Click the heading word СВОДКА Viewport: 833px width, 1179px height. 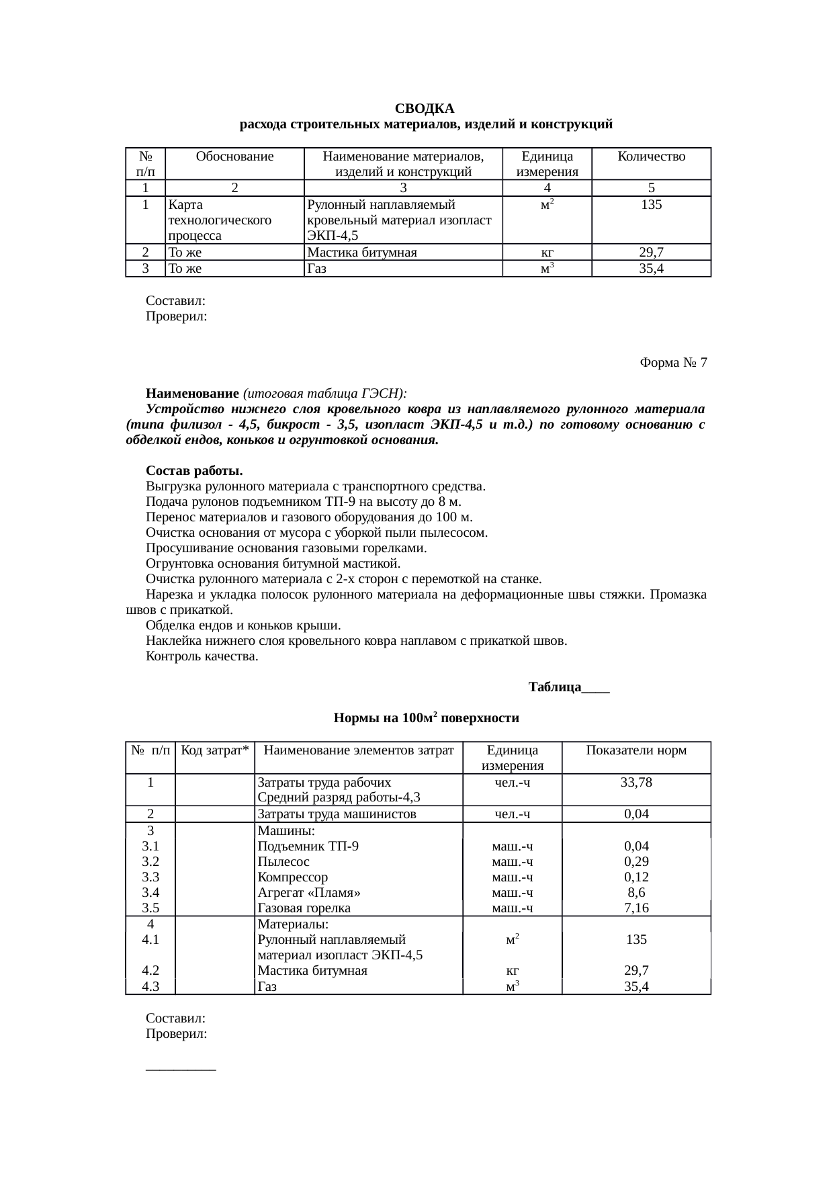(x=424, y=109)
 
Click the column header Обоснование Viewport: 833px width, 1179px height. (x=234, y=157)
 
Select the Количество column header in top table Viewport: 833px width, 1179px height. (x=651, y=157)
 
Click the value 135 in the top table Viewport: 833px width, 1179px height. (x=651, y=205)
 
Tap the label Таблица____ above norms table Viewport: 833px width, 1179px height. (x=568, y=688)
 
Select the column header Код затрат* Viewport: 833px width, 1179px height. (x=215, y=750)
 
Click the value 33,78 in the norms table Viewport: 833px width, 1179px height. (x=635, y=783)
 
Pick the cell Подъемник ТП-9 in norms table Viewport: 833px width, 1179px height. (x=308, y=846)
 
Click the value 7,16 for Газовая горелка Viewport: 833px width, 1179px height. (x=635, y=908)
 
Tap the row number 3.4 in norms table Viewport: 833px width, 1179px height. (x=150, y=893)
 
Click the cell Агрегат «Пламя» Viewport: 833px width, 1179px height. (x=309, y=893)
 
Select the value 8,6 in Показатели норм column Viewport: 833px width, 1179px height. (x=635, y=893)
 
